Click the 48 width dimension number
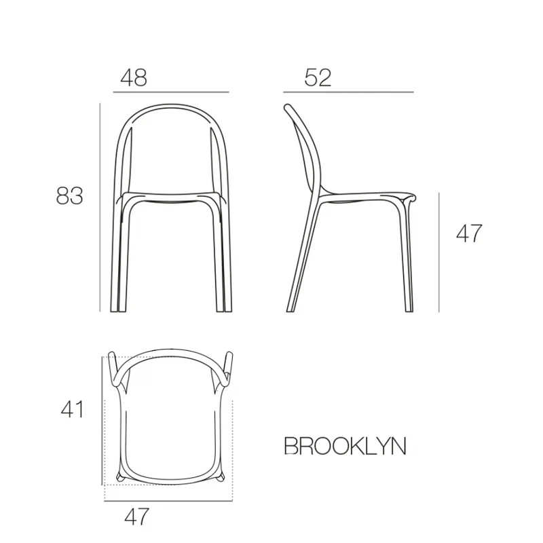pyautogui.click(x=134, y=77)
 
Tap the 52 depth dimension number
pyautogui.click(x=318, y=77)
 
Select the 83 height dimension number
pyautogui.click(x=70, y=195)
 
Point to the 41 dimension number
pyautogui.click(x=72, y=409)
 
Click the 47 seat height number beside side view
pyautogui.click(x=469, y=233)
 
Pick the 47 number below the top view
pyautogui.click(x=137, y=517)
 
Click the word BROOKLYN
pyautogui.click(x=345, y=446)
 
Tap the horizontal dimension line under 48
pyautogui.click(x=171, y=92)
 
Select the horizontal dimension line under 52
pyautogui.click(x=348, y=92)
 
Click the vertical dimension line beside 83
pyautogui.click(x=100, y=207)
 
